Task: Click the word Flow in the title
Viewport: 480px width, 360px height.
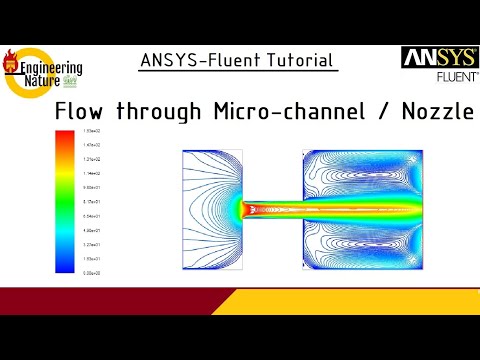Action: coord(79,111)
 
